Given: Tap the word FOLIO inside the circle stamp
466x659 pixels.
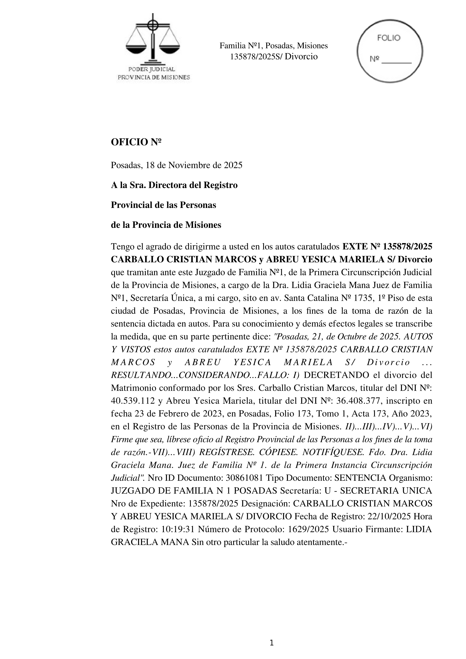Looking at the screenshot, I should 389,38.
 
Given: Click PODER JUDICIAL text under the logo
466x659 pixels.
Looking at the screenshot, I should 152,70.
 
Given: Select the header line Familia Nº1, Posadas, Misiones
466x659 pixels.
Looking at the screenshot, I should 273,46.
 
